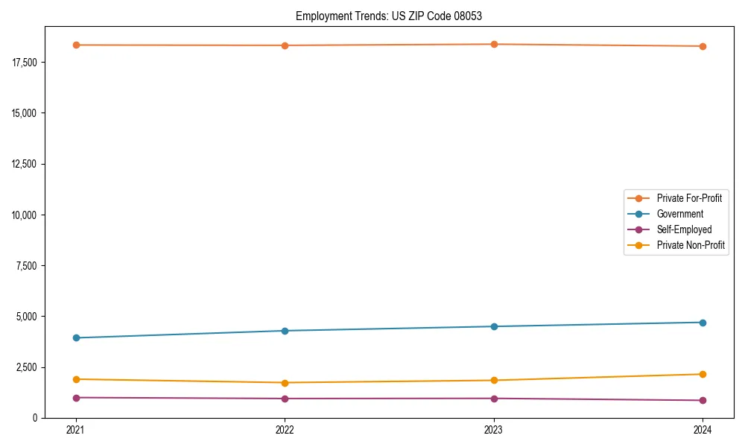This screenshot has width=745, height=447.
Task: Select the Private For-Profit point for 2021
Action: pos(75,45)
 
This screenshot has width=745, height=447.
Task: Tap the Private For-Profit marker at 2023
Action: pos(494,44)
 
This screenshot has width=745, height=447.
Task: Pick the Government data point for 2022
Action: pos(285,331)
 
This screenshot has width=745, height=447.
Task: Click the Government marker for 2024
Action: pos(703,323)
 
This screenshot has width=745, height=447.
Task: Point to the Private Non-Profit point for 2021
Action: pos(75,379)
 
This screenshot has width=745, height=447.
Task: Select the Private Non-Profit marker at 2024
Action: pos(703,374)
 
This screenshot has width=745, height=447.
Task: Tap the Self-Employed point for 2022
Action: pos(285,399)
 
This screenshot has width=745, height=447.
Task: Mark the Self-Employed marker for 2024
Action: pos(703,400)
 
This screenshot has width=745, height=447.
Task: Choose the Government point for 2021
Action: pos(75,337)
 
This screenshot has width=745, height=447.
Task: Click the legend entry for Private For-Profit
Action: pos(688,198)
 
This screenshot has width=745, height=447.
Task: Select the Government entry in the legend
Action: pos(679,214)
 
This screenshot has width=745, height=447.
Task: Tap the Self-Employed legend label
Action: pos(684,229)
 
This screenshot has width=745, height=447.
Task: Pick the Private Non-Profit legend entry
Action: pos(691,245)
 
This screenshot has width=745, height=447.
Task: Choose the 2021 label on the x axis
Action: pos(75,429)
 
